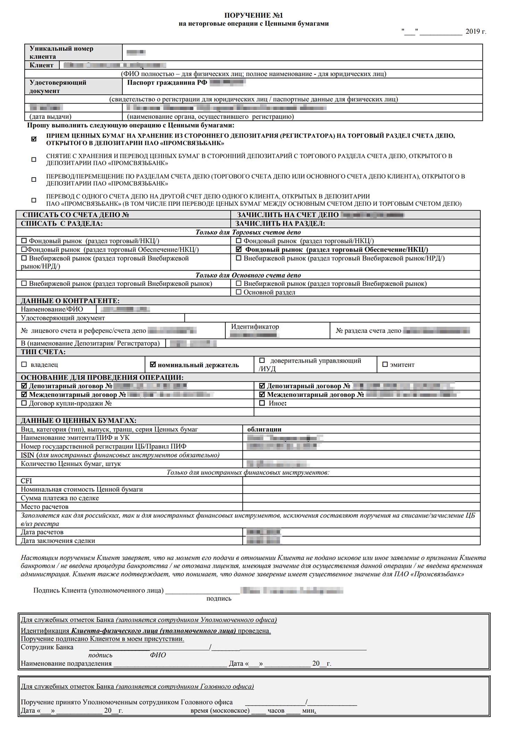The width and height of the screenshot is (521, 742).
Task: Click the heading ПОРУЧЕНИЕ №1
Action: tap(254, 15)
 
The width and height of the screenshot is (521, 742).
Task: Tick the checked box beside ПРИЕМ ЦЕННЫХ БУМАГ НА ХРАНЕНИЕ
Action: tap(34, 139)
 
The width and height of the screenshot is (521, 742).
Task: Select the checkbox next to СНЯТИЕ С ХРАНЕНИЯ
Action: tap(34, 160)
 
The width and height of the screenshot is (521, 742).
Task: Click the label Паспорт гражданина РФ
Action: tap(167, 83)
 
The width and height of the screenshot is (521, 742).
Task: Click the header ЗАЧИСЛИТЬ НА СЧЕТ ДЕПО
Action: tap(288, 215)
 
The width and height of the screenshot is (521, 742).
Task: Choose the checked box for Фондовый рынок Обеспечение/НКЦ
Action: tap(239, 249)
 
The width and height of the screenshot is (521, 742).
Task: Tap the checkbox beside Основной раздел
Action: tap(239, 292)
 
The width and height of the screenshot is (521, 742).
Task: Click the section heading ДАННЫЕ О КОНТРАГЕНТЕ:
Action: tap(70, 301)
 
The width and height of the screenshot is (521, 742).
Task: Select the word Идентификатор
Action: tap(255, 327)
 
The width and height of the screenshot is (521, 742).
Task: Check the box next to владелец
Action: tap(24, 364)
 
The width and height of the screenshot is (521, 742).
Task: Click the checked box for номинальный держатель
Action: tap(153, 364)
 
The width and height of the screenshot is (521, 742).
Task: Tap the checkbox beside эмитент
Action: tap(385, 364)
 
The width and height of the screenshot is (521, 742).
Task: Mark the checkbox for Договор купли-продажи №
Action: tap(24, 403)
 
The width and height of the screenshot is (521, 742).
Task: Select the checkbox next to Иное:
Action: tap(262, 403)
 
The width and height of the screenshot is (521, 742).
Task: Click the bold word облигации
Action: tap(264, 429)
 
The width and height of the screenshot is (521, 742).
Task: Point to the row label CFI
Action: tap(26, 481)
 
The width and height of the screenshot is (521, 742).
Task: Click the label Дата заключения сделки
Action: tap(58, 540)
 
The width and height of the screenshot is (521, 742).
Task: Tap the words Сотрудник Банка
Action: tap(47, 647)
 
